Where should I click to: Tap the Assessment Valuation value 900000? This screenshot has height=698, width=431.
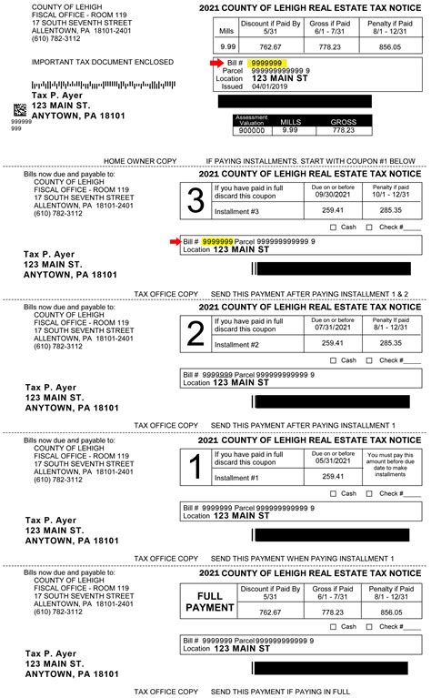click(x=251, y=130)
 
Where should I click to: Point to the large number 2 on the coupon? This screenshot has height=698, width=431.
click(x=195, y=334)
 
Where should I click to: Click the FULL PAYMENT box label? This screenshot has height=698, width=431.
click(x=209, y=601)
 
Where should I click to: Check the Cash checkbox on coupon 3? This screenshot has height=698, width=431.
click(x=334, y=227)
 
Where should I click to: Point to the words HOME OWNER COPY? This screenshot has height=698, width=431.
click(x=140, y=160)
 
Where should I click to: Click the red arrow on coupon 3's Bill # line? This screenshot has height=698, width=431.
click(x=175, y=241)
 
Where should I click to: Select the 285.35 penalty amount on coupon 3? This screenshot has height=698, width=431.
click(x=390, y=210)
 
